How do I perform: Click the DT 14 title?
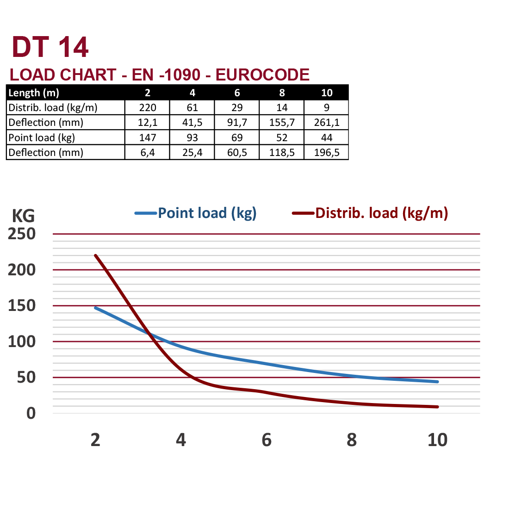(x=50, y=47)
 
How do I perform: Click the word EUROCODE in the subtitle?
(x=262, y=74)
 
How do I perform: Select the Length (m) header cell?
(x=34, y=93)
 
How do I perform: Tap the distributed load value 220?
(x=148, y=108)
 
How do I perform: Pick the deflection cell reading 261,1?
(x=327, y=123)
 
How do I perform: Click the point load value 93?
(x=192, y=137)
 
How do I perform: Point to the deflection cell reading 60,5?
(x=237, y=152)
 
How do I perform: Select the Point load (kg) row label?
(x=42, y=137)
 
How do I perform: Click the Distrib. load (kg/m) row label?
(x=53, y=108)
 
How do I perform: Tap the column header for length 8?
(x=282, y=93)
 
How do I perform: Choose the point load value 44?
(x=327, y=137)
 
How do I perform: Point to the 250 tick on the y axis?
(x=22, y=234)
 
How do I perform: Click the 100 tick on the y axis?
(x=22, y=341)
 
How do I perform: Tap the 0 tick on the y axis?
(x=31, y=413)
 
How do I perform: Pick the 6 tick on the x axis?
(x=267, y=440)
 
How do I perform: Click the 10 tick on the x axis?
(x=437, y=440)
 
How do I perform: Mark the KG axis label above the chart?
(x=23, y=216)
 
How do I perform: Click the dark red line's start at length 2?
(x=95, y=255)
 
